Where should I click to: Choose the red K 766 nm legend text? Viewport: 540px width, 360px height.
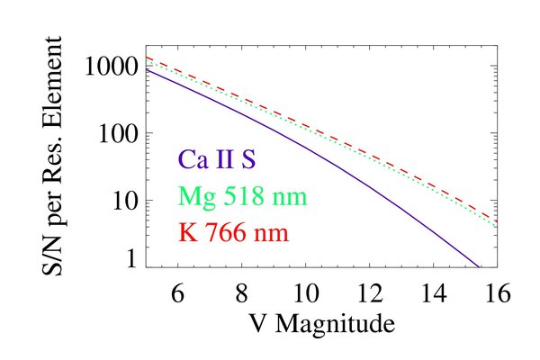(237, 229)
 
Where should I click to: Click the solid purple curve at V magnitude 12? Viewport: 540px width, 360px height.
(370, 184)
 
